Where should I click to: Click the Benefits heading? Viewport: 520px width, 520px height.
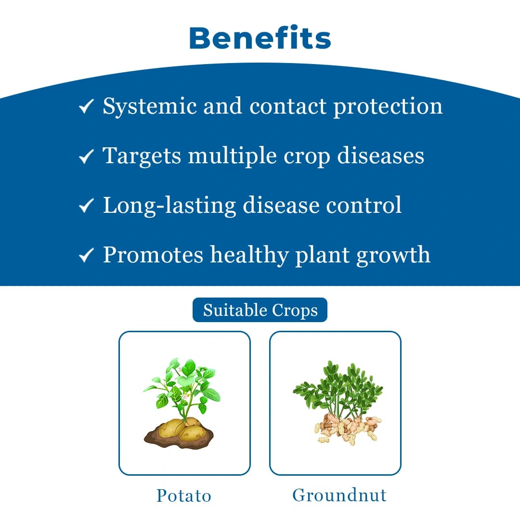click(260, 38)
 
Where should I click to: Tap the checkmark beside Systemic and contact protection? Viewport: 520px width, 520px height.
click(86, 107)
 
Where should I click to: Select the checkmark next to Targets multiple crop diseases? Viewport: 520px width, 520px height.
click(86, 156)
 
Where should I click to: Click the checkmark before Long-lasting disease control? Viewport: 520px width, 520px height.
click(86, 206)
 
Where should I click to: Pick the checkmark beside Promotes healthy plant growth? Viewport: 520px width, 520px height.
click(86, 256)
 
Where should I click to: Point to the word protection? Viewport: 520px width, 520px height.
click(388, 106)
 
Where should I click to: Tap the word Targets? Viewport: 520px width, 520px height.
click(142, 156)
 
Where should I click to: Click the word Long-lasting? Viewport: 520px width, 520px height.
click(169, 205)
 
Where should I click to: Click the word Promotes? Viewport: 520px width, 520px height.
click(153, 255)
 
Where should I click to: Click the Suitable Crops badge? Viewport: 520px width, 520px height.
click(260, 310)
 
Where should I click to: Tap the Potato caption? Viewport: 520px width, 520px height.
click(184, 495)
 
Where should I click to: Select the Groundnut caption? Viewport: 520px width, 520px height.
click(339, 495)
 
